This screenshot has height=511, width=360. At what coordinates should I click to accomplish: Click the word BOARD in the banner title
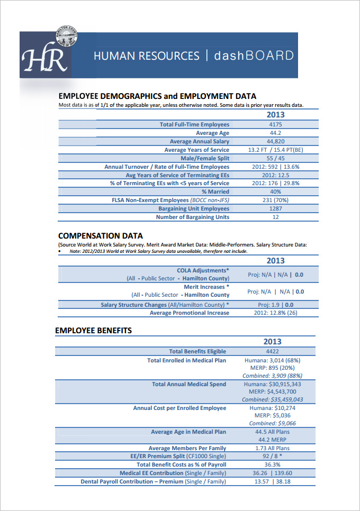coord(269,56)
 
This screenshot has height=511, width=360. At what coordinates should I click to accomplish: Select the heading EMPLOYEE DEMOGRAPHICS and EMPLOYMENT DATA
coord(157,96)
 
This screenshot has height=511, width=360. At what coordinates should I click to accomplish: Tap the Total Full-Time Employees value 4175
coord(275,125)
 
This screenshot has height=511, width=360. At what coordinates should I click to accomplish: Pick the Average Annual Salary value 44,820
coord(275,142)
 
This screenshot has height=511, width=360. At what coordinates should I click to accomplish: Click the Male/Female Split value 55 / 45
coord(275,158)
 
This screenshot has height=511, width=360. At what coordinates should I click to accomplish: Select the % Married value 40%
coord(275,191)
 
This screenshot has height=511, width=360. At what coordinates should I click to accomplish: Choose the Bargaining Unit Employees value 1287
coord(275,208)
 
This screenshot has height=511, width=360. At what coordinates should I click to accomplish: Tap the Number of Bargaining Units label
coord(192,217)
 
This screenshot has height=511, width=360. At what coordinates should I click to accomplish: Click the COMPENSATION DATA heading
coord(100,236)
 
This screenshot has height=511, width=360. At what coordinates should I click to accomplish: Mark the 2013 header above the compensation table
coord(275,261)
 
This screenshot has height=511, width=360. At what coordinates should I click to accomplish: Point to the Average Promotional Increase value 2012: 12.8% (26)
coord(275,313)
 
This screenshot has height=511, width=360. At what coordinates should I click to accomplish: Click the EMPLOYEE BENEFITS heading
coord(93,331)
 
